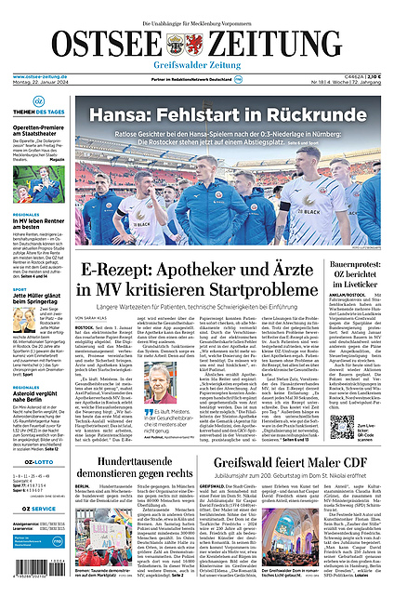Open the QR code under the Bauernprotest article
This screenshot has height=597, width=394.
coord(340,427)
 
